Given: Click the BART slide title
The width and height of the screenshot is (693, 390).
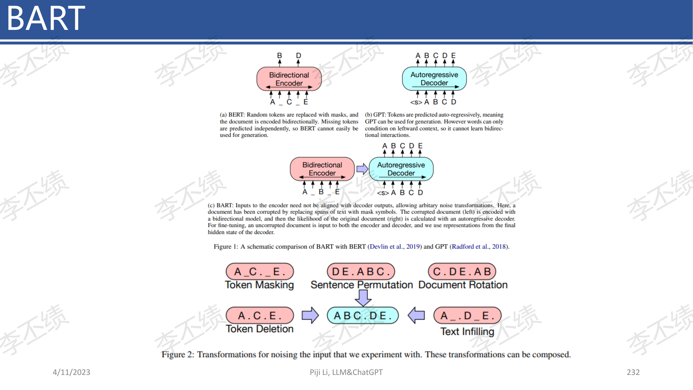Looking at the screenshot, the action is [46, 18].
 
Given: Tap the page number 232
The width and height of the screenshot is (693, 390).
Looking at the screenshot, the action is [633, 372].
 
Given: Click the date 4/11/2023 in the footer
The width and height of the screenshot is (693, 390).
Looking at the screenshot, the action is [71, 372].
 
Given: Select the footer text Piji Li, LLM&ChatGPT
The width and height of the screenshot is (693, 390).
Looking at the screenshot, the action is [346, 372].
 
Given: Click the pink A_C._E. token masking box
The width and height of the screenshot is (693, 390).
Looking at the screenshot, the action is [260, 271].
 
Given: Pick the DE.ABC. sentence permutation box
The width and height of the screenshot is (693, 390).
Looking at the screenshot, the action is [361, 271].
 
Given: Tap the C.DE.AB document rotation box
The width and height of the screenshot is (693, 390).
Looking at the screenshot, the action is [462, 271].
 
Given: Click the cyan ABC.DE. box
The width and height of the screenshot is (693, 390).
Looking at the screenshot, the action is [363, 315].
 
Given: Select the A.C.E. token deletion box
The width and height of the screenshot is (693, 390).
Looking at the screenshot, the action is [260, 315].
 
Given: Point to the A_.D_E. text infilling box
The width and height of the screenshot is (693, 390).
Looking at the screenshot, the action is [467, 315].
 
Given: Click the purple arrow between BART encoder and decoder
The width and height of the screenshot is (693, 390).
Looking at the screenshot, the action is [362, 169].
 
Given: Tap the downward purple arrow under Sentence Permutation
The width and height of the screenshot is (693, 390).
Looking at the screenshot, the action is [363, 298].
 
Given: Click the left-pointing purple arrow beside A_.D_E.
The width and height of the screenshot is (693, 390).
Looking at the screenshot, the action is [416, 315].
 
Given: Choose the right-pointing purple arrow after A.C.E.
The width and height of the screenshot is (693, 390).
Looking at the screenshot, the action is [310, 315].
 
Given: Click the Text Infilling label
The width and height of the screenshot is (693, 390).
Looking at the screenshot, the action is [467, 331].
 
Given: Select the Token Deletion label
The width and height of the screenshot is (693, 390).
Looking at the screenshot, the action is [260, 329].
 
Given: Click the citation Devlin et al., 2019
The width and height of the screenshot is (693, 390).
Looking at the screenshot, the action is [395, 246].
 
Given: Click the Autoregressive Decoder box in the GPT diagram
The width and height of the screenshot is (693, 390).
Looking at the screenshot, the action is [434, 79].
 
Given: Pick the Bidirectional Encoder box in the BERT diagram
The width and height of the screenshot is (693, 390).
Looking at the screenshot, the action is [289, 79].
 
